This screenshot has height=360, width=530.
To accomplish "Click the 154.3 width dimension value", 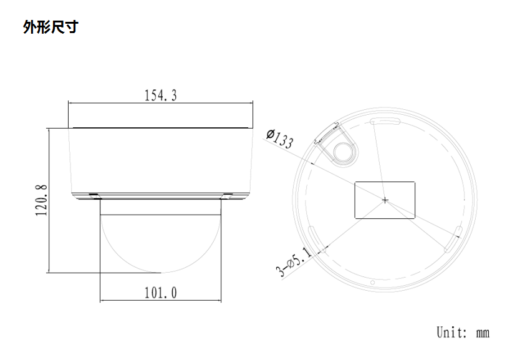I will click(160, 95).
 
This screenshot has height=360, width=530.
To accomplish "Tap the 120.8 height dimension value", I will click(41, 200).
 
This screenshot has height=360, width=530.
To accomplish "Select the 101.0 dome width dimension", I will click(160, 293).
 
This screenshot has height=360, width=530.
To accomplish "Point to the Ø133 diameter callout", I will click(279, 138).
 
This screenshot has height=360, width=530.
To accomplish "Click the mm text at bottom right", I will click(483, 333).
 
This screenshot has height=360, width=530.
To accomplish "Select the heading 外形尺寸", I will click(51, 27).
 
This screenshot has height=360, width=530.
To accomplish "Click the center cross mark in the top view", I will click(385, 200).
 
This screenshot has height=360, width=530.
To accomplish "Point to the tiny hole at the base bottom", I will click(372, 283).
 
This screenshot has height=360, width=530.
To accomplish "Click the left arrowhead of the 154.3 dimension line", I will click(70, 102).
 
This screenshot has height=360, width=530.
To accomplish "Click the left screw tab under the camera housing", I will click(93, 195).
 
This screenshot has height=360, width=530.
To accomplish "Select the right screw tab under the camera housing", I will click(228, 195).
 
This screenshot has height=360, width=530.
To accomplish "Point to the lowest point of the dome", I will click(160, 272).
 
